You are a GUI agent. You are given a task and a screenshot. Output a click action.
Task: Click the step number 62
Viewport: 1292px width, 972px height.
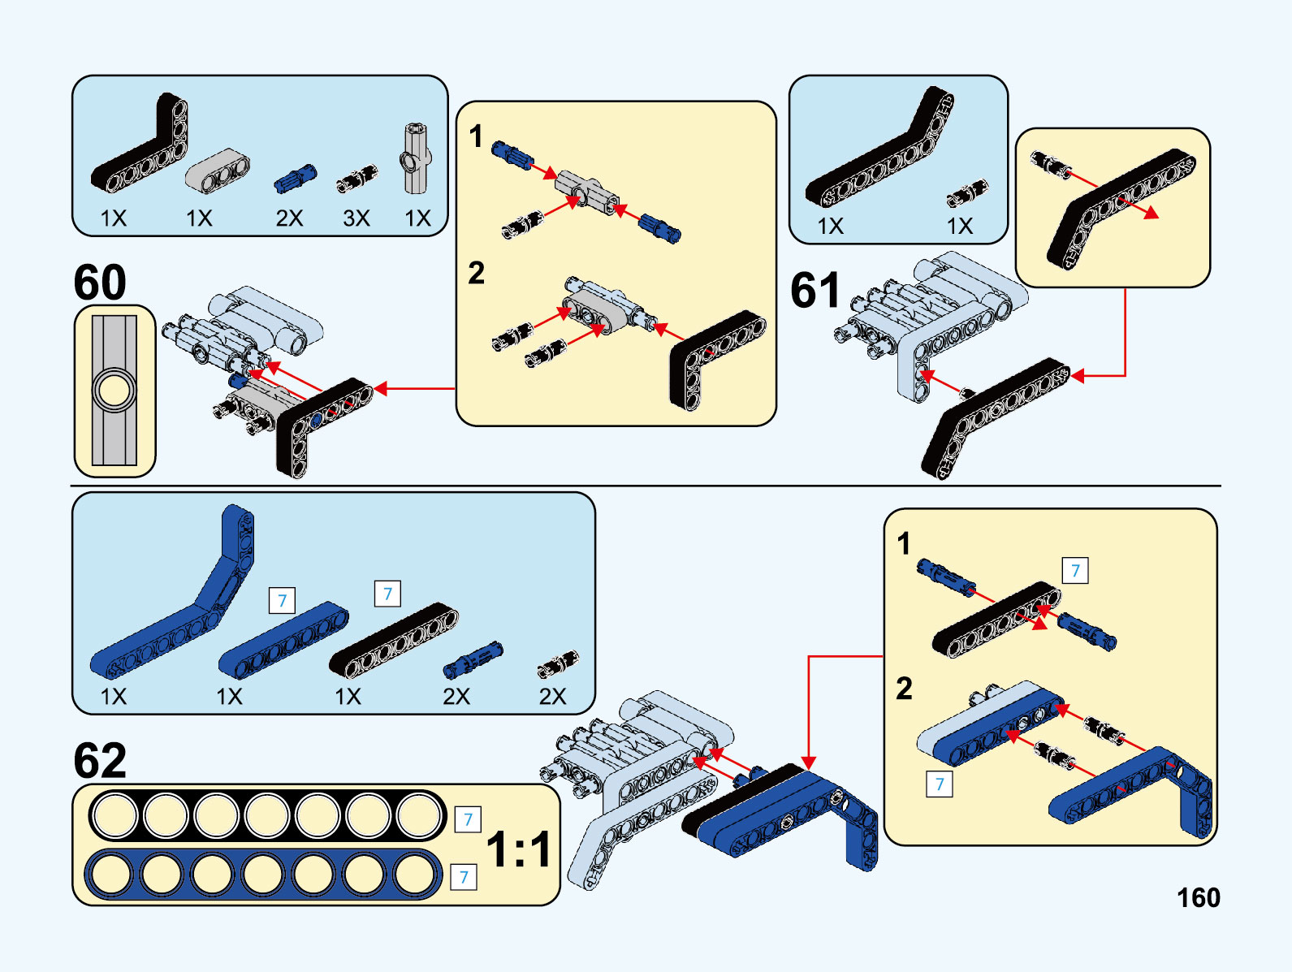click(x=100, y=761)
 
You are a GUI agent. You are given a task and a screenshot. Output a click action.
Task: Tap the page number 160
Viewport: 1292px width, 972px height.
click(x=1198, y=897)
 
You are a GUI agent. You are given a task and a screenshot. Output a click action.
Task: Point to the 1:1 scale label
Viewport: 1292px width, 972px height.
click(x=519, y=849)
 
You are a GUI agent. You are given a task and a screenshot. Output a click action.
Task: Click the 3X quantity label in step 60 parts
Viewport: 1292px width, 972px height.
click(x=356, y=218)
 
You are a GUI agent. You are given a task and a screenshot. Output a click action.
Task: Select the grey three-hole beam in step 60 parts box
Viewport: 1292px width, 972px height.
click(x=218, y=170)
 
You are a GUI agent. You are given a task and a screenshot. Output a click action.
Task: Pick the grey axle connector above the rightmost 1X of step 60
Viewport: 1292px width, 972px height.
click(x=417, y=158)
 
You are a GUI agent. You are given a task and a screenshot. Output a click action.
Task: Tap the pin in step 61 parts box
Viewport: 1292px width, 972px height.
click(x=967, y=193)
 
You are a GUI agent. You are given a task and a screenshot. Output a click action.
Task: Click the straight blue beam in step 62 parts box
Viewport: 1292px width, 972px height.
click(x=283, y=642)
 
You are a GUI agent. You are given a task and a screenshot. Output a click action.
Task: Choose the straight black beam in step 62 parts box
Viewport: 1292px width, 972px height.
click(x=394, y=642)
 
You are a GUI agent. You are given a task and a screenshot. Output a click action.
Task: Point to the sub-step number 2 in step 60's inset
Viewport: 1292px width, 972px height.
click(x=477, y=273)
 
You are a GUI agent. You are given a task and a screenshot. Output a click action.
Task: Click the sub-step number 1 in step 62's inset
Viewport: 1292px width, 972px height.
click(x=904, y=544)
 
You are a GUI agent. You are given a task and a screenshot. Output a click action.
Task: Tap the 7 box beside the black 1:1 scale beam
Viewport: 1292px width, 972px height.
click(x=468, y=819)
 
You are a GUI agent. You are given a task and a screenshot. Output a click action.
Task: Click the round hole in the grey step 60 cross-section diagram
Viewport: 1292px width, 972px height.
click(x=115, y=390)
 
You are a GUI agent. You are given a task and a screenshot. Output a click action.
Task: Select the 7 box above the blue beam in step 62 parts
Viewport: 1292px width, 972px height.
click(x=282, y=601)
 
